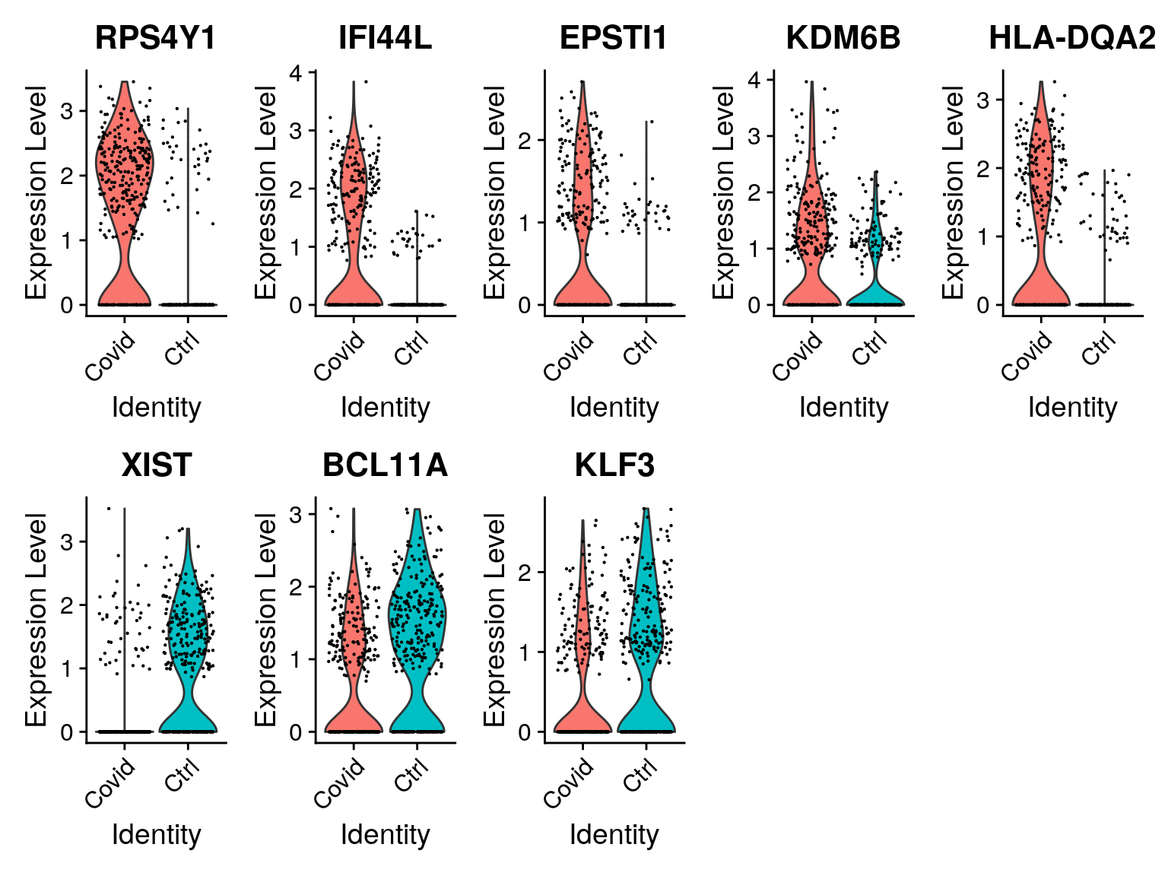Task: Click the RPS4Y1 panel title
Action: (156, 38)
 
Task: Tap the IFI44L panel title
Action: (385, 38)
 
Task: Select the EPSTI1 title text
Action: (614, 38)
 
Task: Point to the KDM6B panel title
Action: (843, 38)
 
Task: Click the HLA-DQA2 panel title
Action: (1072, 38)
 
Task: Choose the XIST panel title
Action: (156, 465)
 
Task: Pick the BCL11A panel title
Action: (385, 465)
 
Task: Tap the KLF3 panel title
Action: (614, 465)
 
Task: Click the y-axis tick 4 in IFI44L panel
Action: (296, 73)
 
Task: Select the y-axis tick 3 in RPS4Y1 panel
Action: (67, 111)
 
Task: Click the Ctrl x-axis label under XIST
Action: (182, 776)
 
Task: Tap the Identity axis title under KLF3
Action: (614, 834)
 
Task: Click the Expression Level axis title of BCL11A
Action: (265, 619)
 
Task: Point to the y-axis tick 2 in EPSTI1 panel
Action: (525, 140)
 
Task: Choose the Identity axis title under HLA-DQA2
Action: (1072, 408)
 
